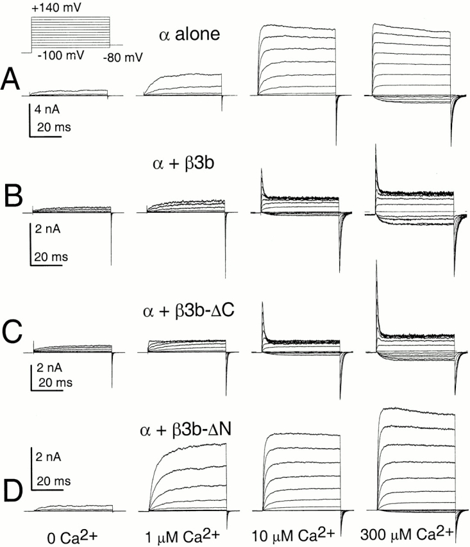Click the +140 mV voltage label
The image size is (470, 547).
[x=56, y=8]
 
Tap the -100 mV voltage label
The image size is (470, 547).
[x=61, y=55]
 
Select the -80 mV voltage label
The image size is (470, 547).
[x=123, y=57]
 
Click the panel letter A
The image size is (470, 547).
[x=10, y=80]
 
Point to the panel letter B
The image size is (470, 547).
[x=13, y=196]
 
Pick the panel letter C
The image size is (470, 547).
[x=12, y=332]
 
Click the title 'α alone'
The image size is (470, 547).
[x=189, y=35]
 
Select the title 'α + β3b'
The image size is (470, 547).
[x=183, y=163]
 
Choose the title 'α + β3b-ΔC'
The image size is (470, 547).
[x=189, y=310]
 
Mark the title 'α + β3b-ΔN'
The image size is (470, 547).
[x=185, y=430]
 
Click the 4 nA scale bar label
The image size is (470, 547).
[x=47, y=110]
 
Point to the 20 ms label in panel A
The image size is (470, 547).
[x=54, y=127]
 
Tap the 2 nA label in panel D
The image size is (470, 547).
[x=48, y=457]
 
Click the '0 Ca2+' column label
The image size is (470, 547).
[x=72, y=537]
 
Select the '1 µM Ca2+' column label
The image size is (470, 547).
[x=182, y=536]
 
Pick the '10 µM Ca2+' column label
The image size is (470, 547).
[x=293, y=535]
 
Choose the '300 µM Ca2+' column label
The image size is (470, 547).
[x=407, y=534]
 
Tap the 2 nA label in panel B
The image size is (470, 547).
[x=47, y=229]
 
